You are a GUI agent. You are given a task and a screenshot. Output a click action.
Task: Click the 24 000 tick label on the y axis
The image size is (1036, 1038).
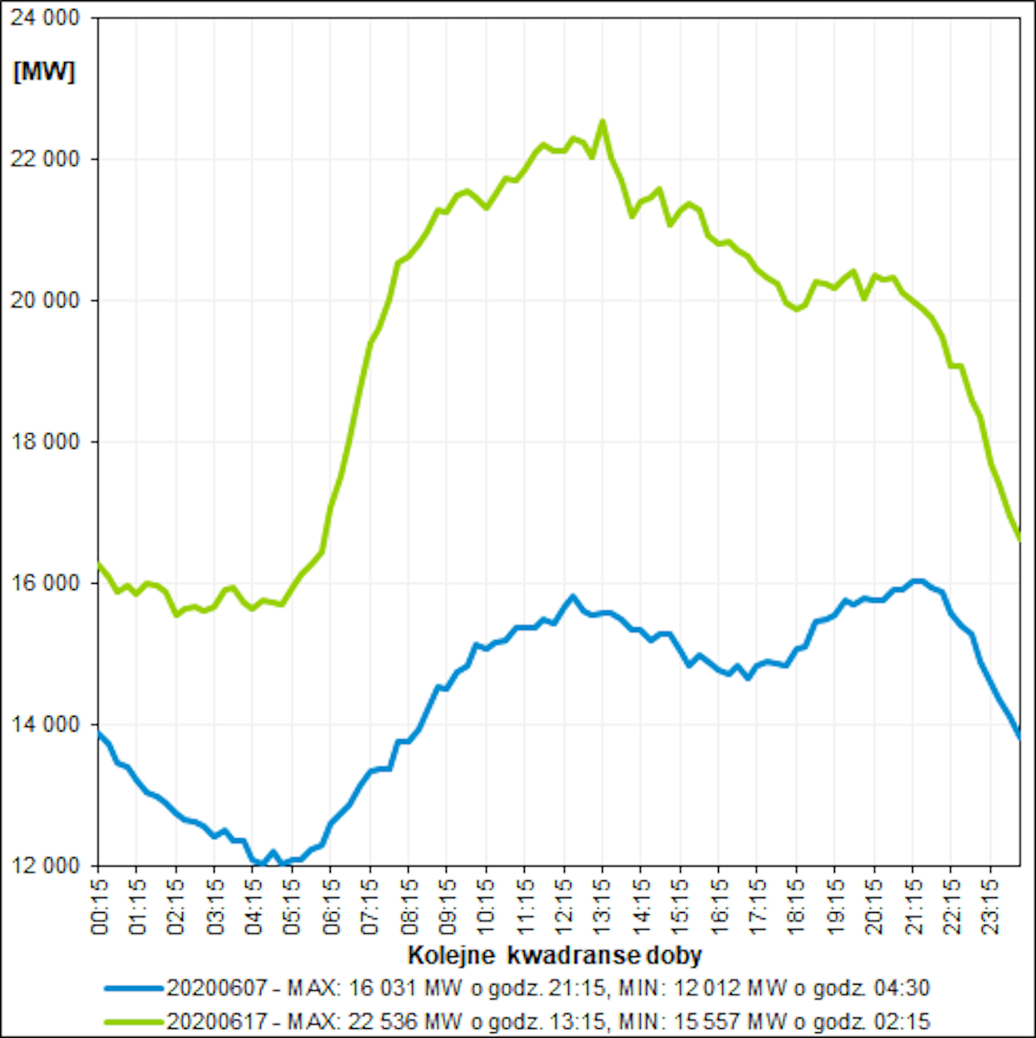point(44,18)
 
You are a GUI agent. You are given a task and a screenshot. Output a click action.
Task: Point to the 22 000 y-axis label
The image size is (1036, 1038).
point(44,159)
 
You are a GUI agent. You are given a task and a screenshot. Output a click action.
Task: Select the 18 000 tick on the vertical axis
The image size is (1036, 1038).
point(44,442)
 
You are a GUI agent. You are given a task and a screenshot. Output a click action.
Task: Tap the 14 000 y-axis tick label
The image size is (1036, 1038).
point(44,724)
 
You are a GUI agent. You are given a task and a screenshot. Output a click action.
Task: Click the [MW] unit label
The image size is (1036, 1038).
point(43,71)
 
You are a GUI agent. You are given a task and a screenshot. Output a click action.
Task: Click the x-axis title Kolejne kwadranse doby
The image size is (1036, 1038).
point(555,955)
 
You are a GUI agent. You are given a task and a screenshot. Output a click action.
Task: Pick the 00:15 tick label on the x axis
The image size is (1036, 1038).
point(100,906)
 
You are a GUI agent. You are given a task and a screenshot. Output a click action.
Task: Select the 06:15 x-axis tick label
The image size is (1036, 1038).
point(331,906)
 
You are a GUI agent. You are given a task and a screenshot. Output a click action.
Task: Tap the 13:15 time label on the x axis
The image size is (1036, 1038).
point(603,906)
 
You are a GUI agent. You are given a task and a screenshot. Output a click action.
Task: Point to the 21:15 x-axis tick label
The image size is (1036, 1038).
point(913,906)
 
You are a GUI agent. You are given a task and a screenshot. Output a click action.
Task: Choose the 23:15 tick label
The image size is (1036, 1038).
point(991,906)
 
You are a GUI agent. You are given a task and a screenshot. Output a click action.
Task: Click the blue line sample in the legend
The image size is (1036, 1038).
point(134,989)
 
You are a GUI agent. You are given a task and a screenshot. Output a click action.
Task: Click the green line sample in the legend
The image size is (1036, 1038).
point(134,1022)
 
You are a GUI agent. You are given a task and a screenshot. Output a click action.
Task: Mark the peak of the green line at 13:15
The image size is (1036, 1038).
point(603,121)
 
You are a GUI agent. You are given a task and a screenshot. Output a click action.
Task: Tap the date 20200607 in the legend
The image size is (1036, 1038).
point(217,988)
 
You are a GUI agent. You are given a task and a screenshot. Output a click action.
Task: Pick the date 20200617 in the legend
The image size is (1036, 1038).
point(217,1022)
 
